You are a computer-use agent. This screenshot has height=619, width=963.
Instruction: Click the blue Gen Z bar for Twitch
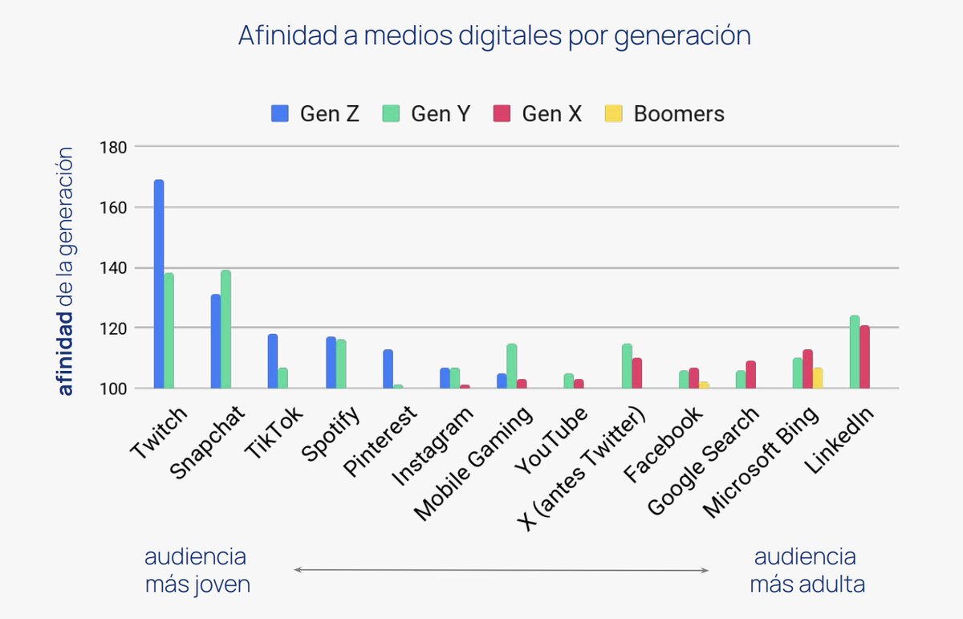click(159, 284)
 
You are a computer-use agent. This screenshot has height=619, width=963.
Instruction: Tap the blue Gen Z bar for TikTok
click(273, 361)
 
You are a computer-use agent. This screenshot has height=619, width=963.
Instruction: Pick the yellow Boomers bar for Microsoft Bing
click(818, 378)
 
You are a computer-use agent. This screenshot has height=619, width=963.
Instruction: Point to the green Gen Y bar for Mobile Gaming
click(512, 366)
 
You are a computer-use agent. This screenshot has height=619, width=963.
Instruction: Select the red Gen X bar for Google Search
click(750, 375)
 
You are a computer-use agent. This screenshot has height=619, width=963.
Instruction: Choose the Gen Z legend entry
click(315, 114)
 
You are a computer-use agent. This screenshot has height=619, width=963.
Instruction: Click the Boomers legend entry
click(665, 114)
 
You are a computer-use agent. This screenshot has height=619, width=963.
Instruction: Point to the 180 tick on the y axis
click(113, 147)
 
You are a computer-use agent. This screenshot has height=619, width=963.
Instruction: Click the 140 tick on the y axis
click(113, 267)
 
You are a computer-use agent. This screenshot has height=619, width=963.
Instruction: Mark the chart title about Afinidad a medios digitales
click(494, 36)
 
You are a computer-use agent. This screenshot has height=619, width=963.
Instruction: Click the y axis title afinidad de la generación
click(66, 271)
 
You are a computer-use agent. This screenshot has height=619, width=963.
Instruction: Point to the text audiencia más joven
click(197, 571)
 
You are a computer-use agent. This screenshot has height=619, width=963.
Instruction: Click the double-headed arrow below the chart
click(502, 570)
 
